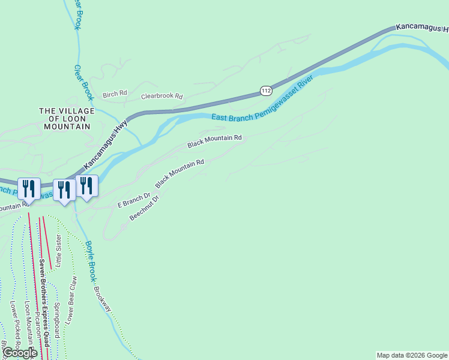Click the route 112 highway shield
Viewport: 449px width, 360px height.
point(267,91)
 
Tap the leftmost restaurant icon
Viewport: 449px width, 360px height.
point(29,189)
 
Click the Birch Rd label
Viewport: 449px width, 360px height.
point(115,94)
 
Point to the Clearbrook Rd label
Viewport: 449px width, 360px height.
point(161,96)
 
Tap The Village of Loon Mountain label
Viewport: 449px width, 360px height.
point(66,119)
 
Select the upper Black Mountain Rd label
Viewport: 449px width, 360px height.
point(214,142)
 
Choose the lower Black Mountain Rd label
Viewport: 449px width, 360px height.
point(179,173)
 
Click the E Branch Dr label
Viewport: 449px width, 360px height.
point(133,200)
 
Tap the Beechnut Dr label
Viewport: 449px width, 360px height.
point(144,208)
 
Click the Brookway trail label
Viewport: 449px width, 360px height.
point(102,299)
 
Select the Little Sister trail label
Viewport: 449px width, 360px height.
point(58,250)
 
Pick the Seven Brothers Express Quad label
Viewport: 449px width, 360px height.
point(43,303)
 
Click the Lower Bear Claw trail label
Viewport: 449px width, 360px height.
point(71,300)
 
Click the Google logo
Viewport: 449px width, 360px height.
point(20,353)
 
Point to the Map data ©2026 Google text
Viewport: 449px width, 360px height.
point(412,355)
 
